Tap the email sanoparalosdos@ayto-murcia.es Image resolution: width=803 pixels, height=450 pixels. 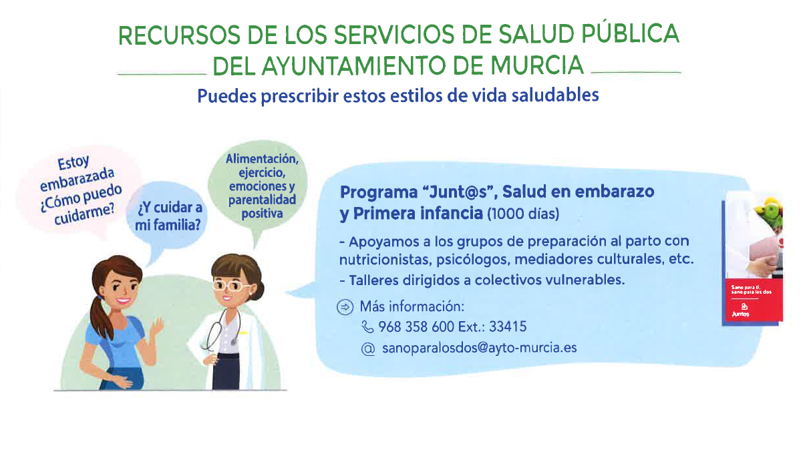click(478, 348)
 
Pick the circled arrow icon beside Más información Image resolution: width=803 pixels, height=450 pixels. click(345, 307)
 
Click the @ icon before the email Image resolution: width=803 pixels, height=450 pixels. click(367, 349)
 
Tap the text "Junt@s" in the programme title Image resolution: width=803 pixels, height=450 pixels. click(460, 192)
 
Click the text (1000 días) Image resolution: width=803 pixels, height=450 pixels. click(523, 214)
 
